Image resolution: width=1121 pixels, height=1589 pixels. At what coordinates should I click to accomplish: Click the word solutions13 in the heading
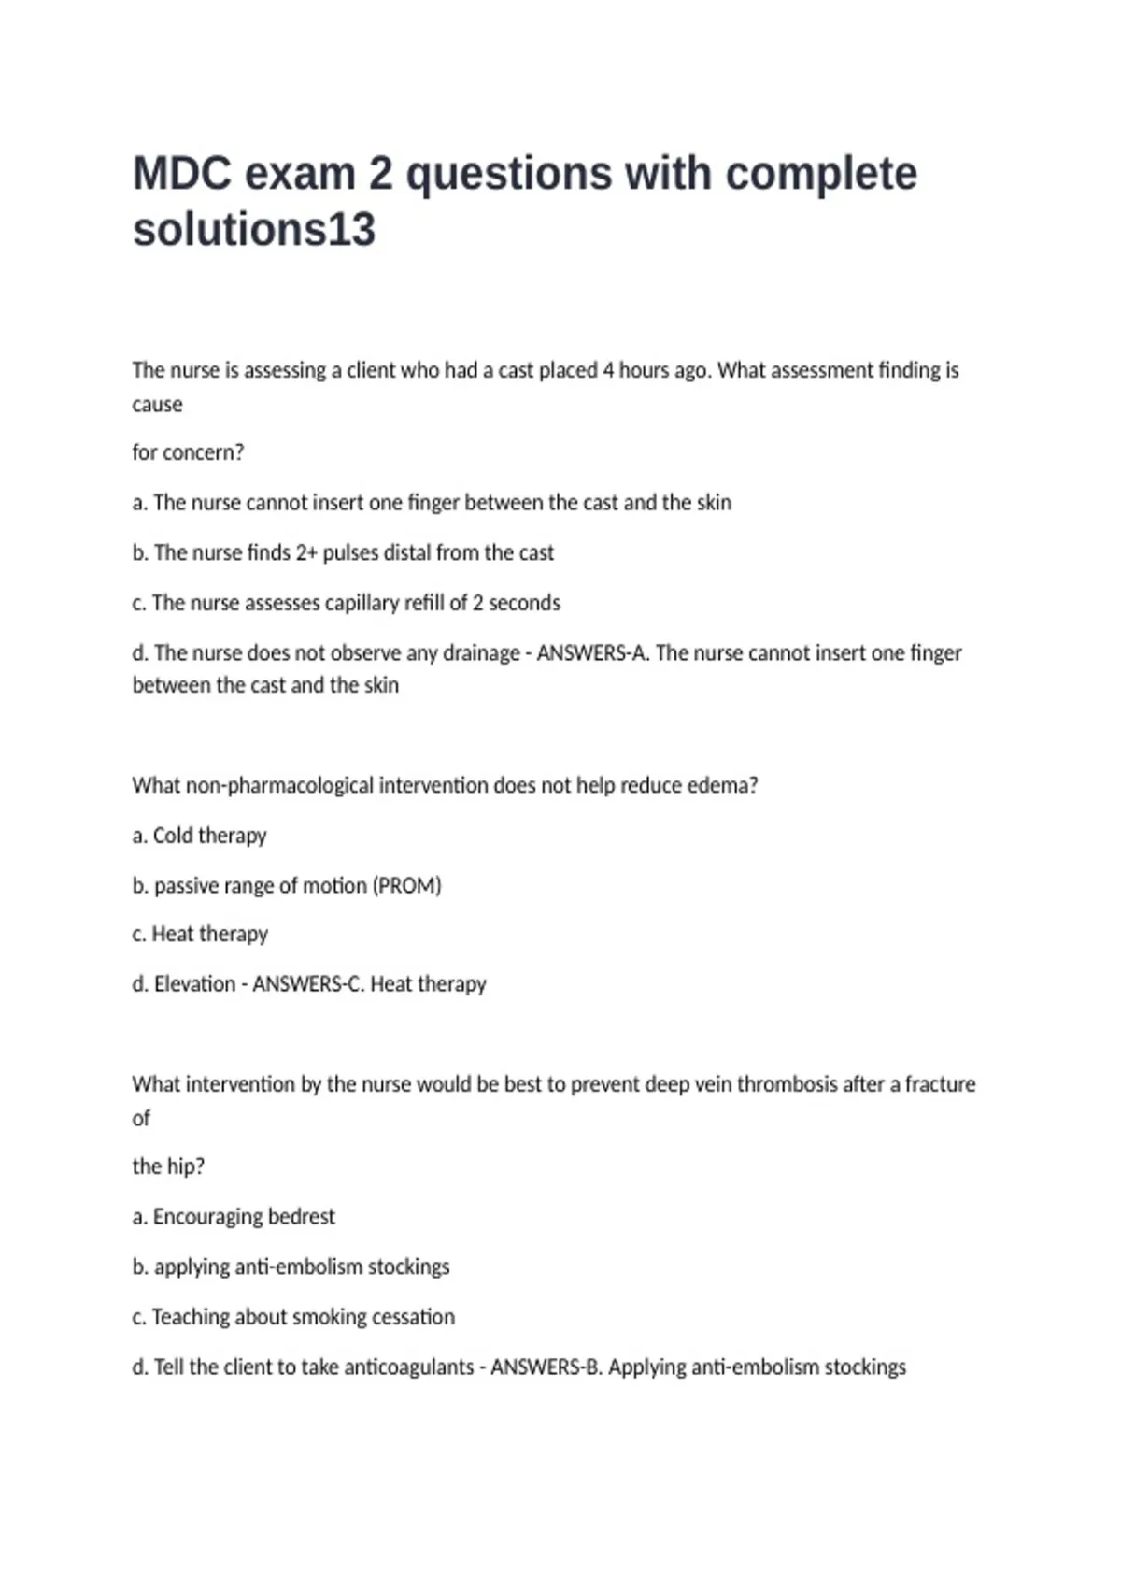[254, 230]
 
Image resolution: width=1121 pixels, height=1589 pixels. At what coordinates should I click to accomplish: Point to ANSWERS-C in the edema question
[307, 984]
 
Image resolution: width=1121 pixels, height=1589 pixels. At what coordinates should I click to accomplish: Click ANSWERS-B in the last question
[546, 1367]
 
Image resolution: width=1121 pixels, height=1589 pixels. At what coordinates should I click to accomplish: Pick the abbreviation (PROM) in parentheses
[407, 885]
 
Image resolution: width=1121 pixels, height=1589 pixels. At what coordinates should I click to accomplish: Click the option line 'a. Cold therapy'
[200, 836]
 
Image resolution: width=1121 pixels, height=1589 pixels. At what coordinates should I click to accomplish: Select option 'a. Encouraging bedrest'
[234, 1217]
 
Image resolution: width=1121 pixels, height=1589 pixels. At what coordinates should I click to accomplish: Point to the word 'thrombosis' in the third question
[787, 1084]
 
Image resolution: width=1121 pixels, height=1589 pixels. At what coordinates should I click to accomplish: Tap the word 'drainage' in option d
[481, 652]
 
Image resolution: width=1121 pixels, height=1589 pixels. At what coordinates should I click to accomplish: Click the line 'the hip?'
[168, 1167]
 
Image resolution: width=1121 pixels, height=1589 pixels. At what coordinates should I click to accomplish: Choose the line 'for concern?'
[188, 452]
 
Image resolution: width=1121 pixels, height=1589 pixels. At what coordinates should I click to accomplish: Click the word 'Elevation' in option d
[194, 984]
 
